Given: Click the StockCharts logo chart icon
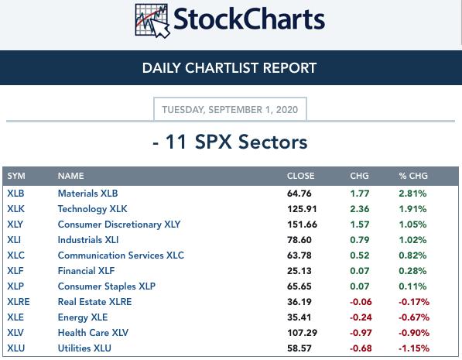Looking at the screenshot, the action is [x=152, y=21].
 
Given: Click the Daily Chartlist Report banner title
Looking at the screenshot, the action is [x=229, y=68].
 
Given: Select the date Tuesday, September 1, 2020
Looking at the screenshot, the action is [x=230, y=110].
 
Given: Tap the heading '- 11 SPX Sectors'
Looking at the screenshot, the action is [x=230, y=142].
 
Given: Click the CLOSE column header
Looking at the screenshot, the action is [x=300, y=176].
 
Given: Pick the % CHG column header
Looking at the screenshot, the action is [x=413, y=176].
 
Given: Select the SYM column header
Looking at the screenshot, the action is [x=16, y=176].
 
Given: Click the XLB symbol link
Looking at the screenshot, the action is [x=15, y=194].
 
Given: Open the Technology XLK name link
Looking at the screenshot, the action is [x=93, y=209].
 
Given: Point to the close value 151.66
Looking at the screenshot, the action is [x=302, y=225].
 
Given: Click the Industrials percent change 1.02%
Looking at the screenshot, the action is [x=412, y=240].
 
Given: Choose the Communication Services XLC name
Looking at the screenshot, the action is [x=121, y=255].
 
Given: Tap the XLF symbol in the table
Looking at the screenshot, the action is [x=15, y=271].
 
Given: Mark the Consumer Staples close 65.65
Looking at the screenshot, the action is [x=299, y=286].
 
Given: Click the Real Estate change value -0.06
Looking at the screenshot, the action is [x=361, y=302].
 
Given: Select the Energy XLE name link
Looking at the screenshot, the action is [x=83, y=317].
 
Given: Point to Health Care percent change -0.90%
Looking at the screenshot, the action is [x=414, y=333].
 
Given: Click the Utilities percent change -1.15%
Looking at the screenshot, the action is [x=414, y=348].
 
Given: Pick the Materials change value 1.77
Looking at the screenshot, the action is [x=360, y=194].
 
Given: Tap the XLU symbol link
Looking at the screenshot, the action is [x=16, y=348].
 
